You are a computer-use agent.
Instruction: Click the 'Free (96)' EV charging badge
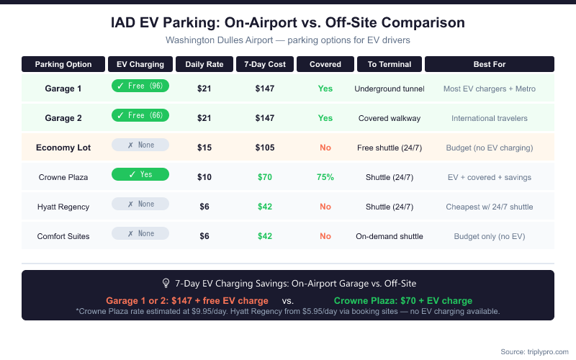pos(140,86)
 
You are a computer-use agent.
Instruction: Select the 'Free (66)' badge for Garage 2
pos(140,115)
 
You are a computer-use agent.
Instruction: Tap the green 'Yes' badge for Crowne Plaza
pos(140,174)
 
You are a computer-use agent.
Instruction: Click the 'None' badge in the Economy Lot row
pos(140,145)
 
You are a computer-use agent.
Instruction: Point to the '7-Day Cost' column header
pos(265,64)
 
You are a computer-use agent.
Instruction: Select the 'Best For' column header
pos(490,64)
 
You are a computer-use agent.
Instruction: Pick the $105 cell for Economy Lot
pos(265,148)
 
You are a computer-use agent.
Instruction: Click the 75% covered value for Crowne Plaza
pos(325,177)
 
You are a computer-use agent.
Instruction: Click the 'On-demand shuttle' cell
pos(389,236)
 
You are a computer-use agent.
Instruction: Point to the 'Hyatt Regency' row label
pos(63,207)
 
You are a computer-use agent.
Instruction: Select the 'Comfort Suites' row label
pos(63,236)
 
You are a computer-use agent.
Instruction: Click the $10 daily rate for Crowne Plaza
pos(204,177)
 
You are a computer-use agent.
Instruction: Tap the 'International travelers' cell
pos(490,118)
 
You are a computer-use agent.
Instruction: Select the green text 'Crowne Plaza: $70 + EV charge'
pos(403,300)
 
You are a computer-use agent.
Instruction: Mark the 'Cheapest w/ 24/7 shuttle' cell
pos(490,207)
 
